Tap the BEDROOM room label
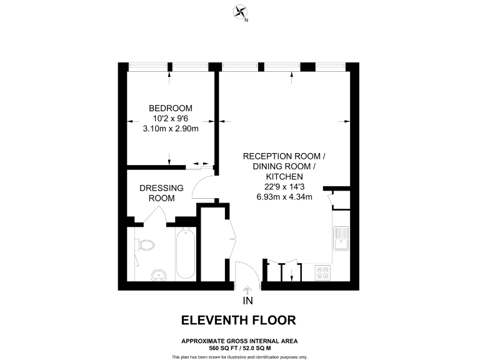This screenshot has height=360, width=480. [x=171, y=107]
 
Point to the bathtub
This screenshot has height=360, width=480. [x=185, y=256]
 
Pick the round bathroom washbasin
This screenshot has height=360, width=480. [x=159, y=274]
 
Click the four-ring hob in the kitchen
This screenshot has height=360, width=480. [x=324, y=272]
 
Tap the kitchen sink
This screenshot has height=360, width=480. [x=341, y=238]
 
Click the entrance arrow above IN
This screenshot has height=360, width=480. [x=247, y=289]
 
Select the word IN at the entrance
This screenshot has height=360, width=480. [x=247, y=301]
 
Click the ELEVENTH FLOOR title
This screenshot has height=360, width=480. [x=238, y=321]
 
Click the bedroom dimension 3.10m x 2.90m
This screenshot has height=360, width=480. [x=171, y=129]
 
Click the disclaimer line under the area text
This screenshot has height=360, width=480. [x=239, y=356]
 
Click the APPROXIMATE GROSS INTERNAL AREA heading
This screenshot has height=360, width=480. [x=239, y=341]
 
